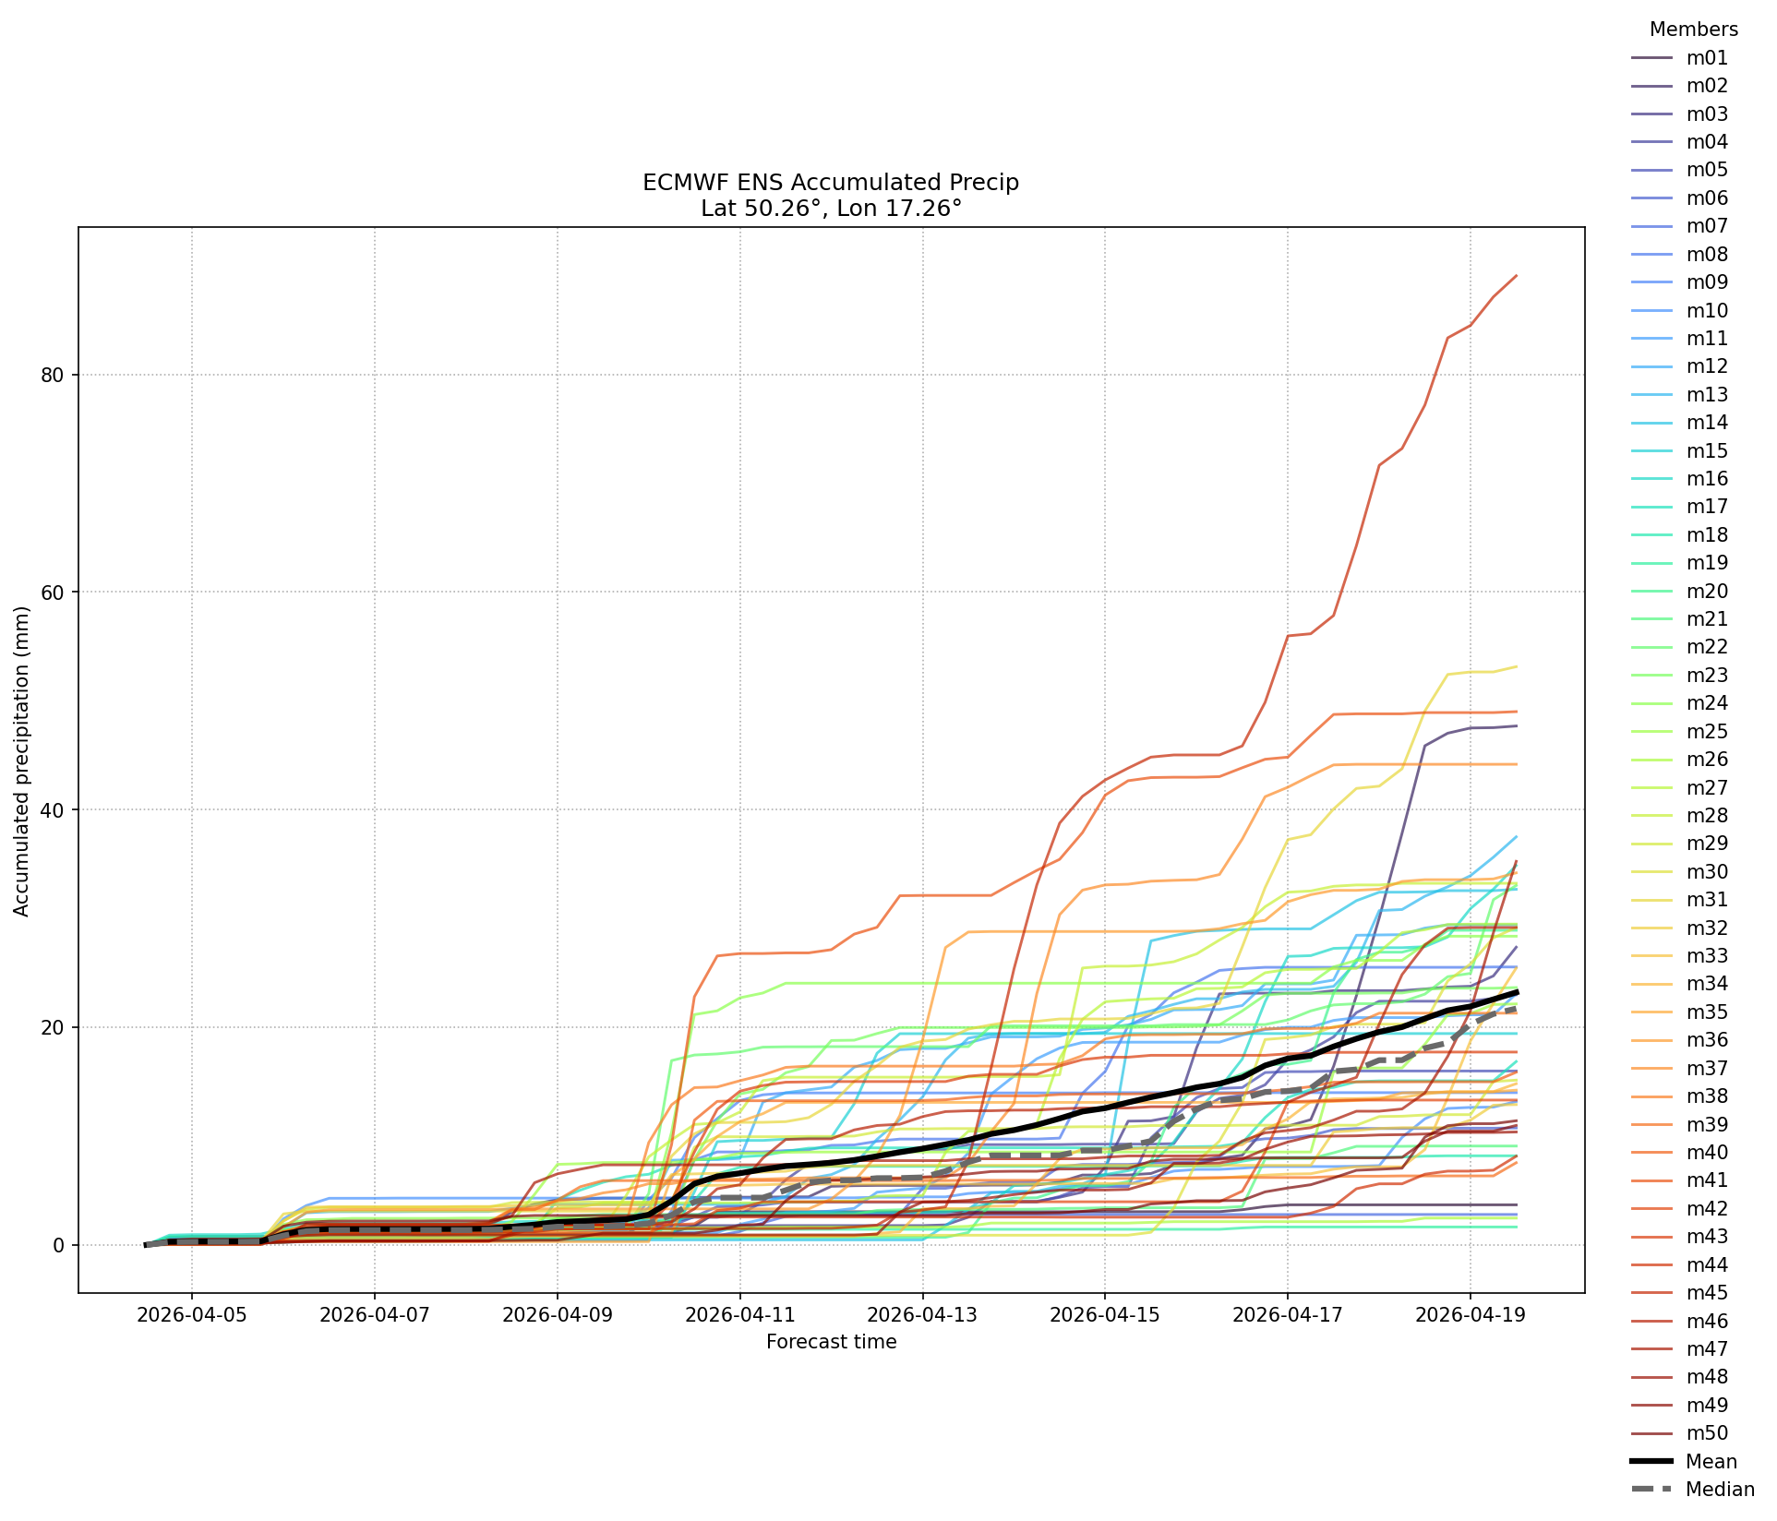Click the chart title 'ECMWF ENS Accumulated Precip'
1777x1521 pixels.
point(831,183)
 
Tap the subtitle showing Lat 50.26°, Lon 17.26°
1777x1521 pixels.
point(831,209)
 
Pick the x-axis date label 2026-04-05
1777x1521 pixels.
point(192,1314)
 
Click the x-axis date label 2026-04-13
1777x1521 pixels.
point(922,1314)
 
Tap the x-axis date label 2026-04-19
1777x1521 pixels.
point(1470,1314)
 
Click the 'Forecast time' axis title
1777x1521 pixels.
point(831,1342)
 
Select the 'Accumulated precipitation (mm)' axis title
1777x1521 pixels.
point(21,760)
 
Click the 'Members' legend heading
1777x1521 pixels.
point(1694,30)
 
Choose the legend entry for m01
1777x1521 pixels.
point(1679,58)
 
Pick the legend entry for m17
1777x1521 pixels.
point(1679,507)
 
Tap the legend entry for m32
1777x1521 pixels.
point(1679,928)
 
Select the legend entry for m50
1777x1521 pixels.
point(1679,1433)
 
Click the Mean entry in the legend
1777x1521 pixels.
point(1684,1462)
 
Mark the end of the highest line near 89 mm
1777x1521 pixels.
point(1516,275)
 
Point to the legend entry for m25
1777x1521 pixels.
point(1679,732)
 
